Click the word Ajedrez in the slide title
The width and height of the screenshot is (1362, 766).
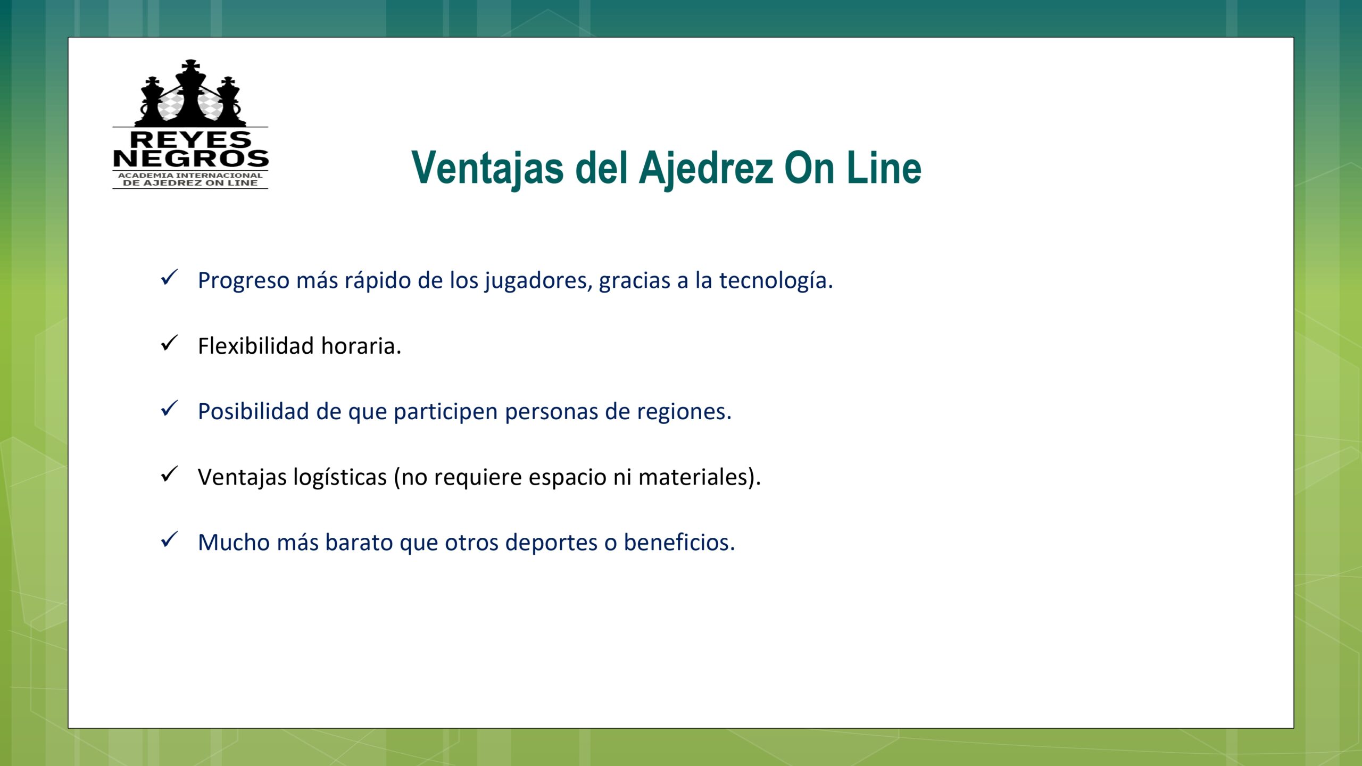coord(707,169)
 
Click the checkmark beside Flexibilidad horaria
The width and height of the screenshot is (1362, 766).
coord(169,344)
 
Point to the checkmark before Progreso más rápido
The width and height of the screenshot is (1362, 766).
coord(169,278)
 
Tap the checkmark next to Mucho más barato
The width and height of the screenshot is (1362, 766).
coord(169,540)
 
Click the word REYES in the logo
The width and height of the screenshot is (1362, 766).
coord(190,140)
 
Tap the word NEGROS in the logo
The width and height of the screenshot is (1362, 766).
coord(190,159)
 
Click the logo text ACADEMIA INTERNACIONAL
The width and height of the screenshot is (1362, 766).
coord(190,175)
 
